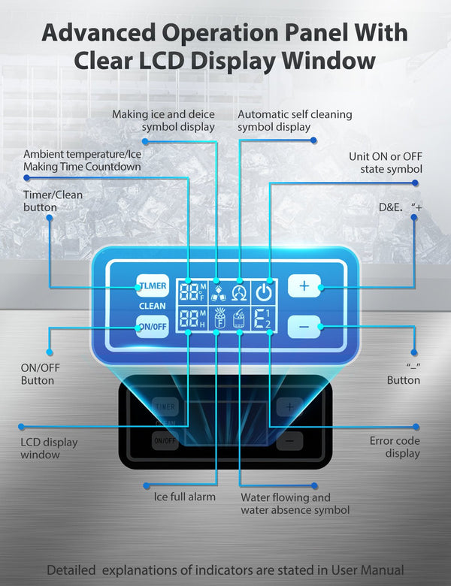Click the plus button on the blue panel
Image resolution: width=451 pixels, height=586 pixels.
304,286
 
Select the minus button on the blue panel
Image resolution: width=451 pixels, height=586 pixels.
304,327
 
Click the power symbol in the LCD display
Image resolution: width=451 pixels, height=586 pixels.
263,291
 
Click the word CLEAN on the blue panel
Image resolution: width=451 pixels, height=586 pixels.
152,307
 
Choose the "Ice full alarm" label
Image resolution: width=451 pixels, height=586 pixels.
185,497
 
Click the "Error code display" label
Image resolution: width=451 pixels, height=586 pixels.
395,447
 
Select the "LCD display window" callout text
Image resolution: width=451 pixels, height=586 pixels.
49,449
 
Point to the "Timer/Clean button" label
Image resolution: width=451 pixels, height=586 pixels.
53,201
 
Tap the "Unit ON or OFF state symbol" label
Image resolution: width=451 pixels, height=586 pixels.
385,163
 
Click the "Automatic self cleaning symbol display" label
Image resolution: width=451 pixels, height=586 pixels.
295,121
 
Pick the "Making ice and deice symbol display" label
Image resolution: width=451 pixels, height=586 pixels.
163,121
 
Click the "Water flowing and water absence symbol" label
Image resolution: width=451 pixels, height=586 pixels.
295,503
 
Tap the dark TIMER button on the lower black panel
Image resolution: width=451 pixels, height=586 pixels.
165,407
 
